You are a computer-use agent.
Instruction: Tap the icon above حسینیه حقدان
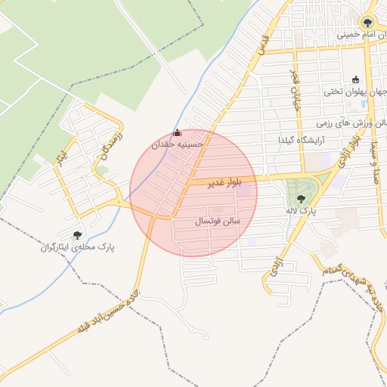(178, 133)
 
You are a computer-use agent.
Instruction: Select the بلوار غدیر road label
(215, 182)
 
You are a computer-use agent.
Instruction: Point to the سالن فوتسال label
(218, 221)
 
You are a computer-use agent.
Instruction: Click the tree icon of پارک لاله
(302, 200)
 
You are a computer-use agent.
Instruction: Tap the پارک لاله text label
(302, 212)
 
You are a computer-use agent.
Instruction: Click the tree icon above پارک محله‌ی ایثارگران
(77, 234)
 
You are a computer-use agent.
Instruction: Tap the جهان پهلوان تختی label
(355, 92)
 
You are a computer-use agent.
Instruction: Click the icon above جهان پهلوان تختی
(355, 79)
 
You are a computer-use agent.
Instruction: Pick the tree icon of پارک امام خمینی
(367, 22)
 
